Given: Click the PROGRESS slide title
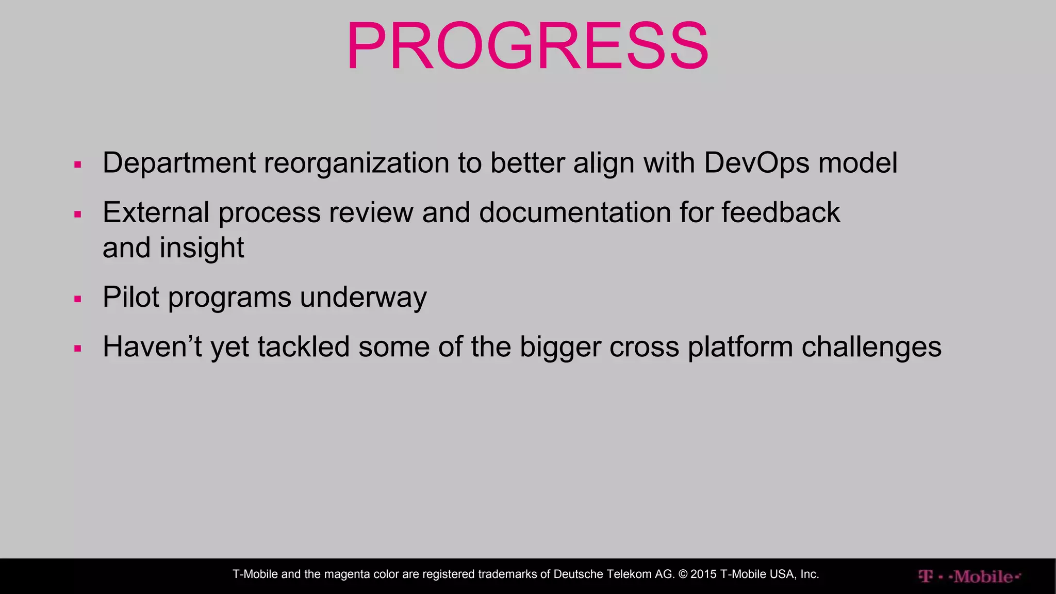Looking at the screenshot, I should (527, 46).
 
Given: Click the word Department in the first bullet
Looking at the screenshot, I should (179, 163).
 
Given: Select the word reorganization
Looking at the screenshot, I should (356, 163).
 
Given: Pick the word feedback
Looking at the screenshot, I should (781, 212).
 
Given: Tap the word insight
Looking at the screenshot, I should (202, 248).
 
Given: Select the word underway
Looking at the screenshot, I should (363, 297).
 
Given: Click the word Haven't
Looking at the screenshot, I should (152, 346).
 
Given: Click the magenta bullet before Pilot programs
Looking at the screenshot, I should (78, 299).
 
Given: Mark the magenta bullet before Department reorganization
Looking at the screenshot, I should (78, 165).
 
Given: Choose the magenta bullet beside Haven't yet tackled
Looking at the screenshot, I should (78, 349).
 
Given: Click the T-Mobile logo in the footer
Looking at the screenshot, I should (969, 576).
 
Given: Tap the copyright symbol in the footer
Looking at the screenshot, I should (683, 574).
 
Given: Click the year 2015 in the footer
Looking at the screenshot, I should (704, 574).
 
